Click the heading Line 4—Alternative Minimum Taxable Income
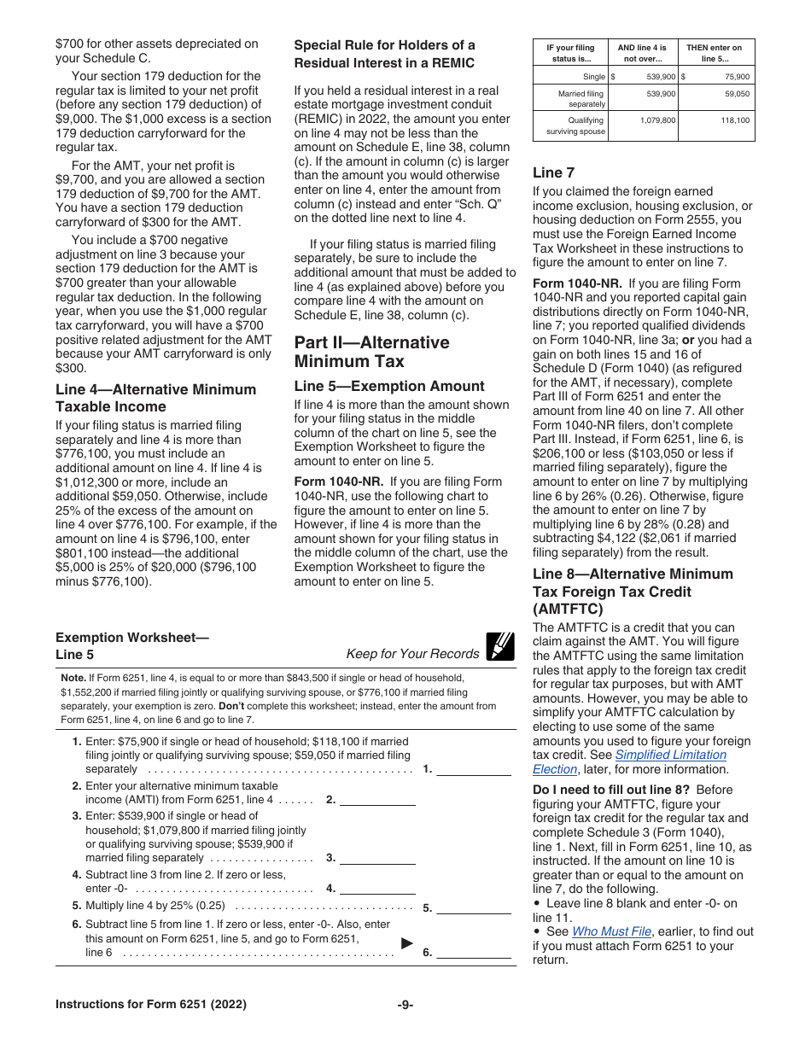(x=155, y=398)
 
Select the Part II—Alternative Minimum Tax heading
(x=371, y=352)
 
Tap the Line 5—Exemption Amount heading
(x=388, y=386)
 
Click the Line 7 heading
(x=553, y=172)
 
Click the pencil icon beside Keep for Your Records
(x=499, y=647)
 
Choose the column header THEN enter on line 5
(x=715, y=53)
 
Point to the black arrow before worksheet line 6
(x=407, y=943)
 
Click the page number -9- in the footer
(x=405, y=1005)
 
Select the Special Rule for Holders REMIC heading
(x=384, y=54)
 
